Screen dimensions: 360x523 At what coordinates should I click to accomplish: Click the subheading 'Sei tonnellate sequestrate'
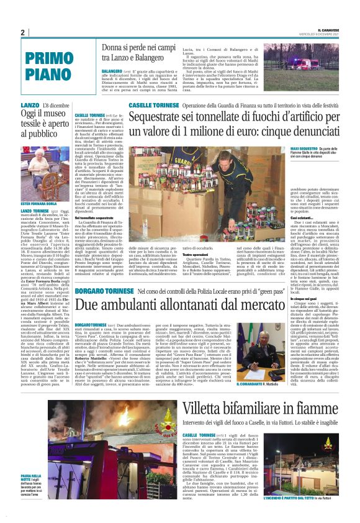(94, 217)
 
